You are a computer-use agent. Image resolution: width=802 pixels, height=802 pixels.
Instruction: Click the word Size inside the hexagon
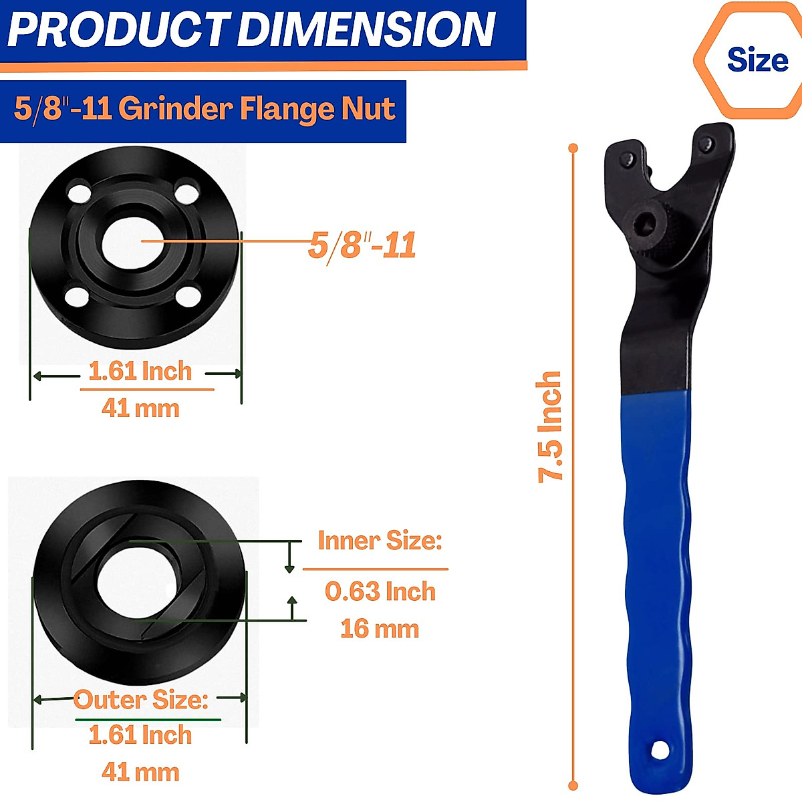point(757,60)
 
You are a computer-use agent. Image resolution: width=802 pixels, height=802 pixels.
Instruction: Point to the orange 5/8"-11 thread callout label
point(362,245)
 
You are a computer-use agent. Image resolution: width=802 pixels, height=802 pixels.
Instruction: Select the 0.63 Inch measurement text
point(380,591)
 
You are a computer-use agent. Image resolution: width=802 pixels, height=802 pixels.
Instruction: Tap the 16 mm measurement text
point(379,628)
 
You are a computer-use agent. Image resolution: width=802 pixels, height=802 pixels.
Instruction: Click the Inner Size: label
point(380,540)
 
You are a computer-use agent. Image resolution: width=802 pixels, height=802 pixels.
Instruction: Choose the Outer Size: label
point(141,700)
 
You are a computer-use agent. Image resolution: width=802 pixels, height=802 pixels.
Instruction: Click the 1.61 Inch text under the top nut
point(140,371)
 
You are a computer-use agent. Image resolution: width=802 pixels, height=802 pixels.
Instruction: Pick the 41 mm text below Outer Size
point(140,772)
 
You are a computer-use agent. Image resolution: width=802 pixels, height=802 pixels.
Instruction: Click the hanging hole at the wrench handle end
point(660,750)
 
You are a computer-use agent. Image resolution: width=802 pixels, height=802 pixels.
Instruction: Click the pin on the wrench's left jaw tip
point(628,158)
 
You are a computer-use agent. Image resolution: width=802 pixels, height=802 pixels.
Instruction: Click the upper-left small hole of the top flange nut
point(80,193)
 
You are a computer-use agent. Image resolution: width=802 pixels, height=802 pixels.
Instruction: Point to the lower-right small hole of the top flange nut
point(190,294)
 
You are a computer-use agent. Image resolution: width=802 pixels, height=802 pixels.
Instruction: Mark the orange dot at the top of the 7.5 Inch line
point(573,148)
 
